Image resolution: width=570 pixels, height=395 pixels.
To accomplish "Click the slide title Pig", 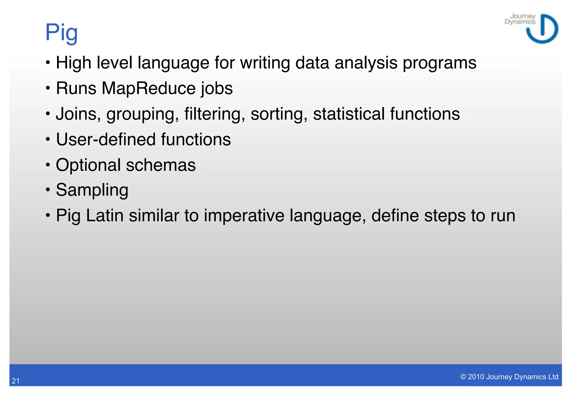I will click(x=62, y=33).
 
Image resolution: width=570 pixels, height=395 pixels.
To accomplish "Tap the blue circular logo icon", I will click(x=542, y=29).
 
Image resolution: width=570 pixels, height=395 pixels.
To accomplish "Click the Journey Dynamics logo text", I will click(x=520, y=19).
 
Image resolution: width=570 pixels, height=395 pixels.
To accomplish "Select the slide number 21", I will click(x=16, y=381).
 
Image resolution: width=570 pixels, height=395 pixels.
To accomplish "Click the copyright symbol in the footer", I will click(x=463, y=377).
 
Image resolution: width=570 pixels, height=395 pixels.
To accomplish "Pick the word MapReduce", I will click(x=149, y=88).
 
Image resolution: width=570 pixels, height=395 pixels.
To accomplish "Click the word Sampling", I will click(x=92, y=190).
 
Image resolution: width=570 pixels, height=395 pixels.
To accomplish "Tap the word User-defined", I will click(x=105, y=139).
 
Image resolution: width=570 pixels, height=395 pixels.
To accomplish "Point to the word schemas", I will click(x=161, y=165).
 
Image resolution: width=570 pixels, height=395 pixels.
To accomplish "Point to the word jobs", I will click(x=217, y=88).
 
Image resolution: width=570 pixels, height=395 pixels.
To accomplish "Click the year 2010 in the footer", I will click(x=476, y=377).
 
